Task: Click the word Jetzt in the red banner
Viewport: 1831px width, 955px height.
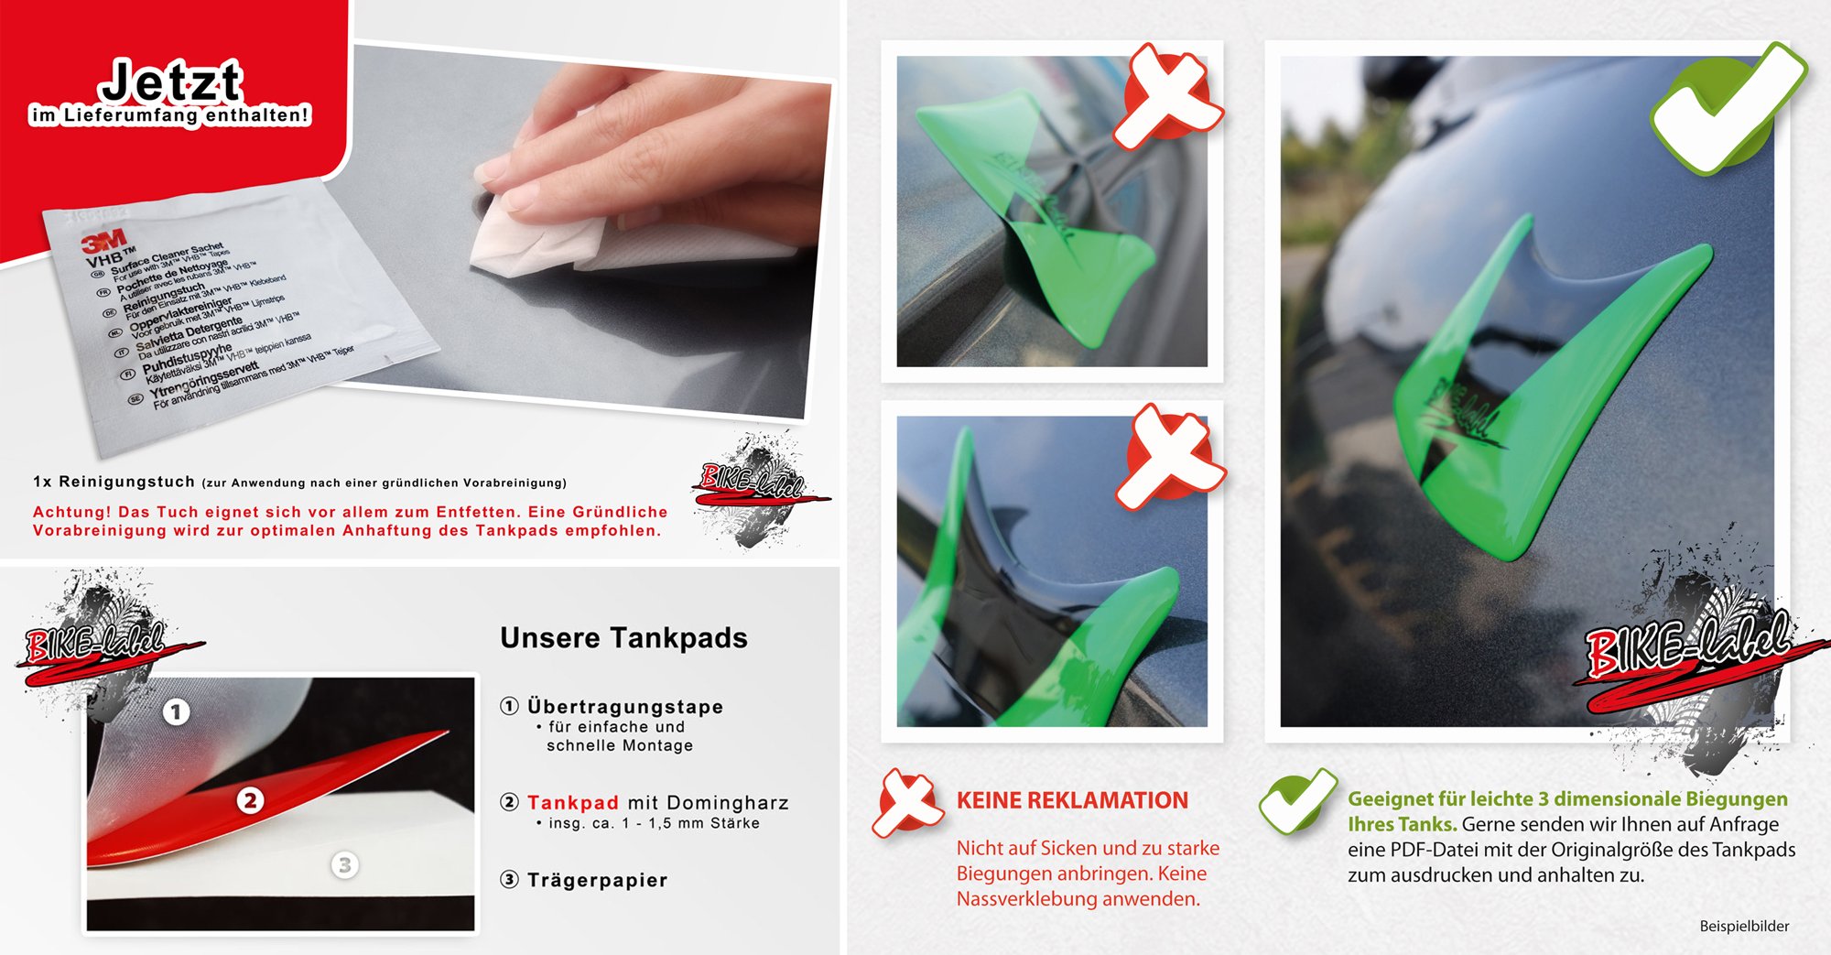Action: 171,82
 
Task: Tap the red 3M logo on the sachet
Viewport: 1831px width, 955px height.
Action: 103,242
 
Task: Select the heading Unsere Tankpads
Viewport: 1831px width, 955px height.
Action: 623,638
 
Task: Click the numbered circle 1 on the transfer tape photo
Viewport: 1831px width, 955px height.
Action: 177,711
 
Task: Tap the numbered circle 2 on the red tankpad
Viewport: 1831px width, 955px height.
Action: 250,800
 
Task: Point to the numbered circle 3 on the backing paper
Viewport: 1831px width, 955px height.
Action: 344,864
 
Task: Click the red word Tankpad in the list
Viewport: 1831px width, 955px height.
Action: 573,803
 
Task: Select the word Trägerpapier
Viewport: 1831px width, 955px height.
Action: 597,880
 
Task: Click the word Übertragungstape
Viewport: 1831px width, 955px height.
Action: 625,707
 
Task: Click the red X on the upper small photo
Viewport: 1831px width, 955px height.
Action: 1169,97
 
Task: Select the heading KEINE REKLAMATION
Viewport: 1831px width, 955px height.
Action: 1072,800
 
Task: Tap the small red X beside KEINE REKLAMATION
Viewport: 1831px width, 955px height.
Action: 905,803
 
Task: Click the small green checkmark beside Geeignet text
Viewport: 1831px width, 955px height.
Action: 1295,800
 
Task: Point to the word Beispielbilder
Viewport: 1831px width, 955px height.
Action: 1744,927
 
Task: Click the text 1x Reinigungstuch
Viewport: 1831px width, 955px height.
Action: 114,482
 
